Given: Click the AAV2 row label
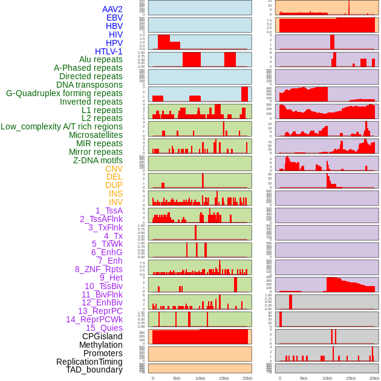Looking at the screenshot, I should point(112,9).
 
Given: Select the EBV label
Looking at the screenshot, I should point(114,18).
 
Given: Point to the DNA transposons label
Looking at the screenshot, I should point(90,85).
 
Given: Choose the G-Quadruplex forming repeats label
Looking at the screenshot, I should point(64,93).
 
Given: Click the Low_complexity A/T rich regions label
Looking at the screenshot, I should point(62,126).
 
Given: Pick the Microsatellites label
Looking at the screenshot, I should point(96,135).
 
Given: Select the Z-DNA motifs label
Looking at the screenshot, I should point(98,160).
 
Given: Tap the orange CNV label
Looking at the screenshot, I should point(114,169).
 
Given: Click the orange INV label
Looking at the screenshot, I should point(116,202).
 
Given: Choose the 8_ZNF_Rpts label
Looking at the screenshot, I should point(99,269).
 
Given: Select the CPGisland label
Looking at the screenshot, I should point(102,336).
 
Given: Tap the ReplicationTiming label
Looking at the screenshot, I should point(89,362).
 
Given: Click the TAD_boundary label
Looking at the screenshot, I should point(94,370).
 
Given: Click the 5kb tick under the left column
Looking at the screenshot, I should point(177,378).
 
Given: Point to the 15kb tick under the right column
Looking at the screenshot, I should point(351,378).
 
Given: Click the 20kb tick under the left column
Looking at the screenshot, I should point(247,378).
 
